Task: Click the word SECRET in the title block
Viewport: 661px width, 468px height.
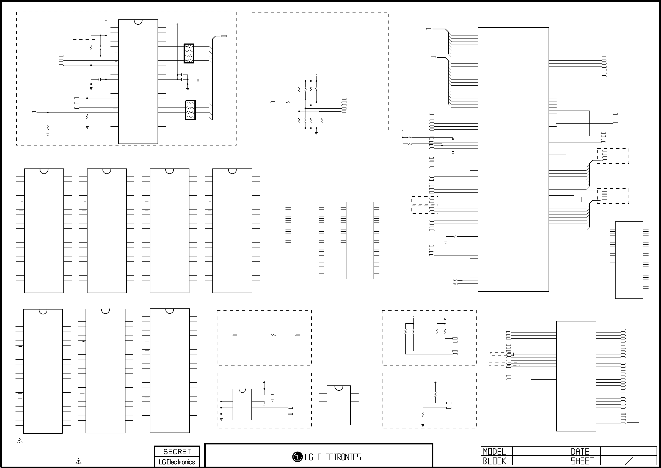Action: (x=177, y=451)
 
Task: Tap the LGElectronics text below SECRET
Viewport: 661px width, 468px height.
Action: (x=177, y=462)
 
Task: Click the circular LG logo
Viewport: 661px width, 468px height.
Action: (x=297, y=457)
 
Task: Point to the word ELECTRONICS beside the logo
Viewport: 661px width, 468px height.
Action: (x=339, y=457)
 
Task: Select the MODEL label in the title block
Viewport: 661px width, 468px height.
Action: (x=494, y=452)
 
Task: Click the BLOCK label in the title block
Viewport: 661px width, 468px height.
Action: (x=494, y=461)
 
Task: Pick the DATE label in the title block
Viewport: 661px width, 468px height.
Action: (x=580, y=452)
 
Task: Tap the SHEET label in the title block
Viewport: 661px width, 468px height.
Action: (x=582, y=461)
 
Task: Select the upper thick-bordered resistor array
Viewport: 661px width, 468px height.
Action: (x=189, y=53)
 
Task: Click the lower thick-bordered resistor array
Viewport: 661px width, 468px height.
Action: (x=190, y=110)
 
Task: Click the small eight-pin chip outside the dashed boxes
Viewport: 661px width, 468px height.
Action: (x=339, y=405)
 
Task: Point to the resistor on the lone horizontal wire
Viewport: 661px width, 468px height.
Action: (x=274, y=335)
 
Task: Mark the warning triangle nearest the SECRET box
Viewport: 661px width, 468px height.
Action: (x=78, y=461)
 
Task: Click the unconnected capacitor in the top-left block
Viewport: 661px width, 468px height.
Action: (x=198, y=80)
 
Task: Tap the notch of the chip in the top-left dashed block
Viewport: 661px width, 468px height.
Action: (x=138, y=22)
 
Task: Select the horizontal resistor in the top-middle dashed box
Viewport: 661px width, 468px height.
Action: (x=288, y=102)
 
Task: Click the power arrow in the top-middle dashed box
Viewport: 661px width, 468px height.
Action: (x=316, y=75)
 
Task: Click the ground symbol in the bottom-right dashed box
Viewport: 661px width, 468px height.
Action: (x=423, y=425)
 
